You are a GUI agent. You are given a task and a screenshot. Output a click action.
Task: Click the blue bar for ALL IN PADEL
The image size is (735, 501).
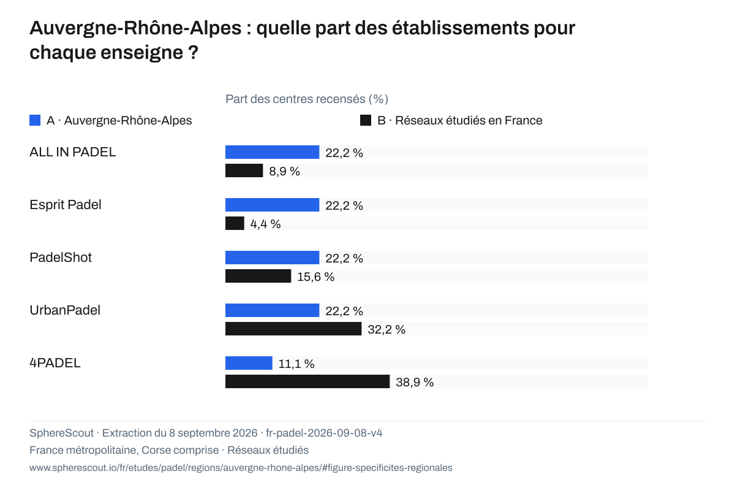272,152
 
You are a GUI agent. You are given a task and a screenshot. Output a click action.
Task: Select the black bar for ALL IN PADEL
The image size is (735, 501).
244,170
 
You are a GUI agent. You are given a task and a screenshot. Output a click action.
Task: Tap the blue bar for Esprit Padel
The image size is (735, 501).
272,205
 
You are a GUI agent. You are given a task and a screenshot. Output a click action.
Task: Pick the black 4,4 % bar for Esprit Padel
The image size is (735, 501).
235,223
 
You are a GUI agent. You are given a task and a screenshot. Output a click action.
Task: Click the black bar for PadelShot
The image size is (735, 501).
258,276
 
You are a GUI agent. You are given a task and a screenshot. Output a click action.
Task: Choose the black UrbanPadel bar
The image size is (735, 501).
293,329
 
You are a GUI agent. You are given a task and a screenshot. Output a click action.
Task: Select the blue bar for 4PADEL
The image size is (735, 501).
249,363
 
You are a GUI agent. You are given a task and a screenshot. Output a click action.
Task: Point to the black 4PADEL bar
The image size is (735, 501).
307,381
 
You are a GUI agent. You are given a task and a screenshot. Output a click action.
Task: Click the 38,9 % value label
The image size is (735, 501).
415,382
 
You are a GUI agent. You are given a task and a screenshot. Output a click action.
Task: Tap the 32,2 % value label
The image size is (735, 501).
386,329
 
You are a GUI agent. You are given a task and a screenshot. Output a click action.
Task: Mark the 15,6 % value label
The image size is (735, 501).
315,277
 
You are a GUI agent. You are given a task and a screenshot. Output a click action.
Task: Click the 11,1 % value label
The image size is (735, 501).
296,364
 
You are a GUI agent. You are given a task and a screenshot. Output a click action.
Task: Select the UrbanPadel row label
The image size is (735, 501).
65,310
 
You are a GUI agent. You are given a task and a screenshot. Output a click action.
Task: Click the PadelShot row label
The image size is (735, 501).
61,257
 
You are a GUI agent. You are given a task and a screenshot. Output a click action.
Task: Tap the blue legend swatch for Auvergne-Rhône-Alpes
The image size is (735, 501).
35,120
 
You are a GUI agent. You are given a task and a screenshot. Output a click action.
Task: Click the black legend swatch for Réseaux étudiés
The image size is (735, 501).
366,120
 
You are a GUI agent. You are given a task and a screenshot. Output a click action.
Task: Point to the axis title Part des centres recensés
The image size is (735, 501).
307,99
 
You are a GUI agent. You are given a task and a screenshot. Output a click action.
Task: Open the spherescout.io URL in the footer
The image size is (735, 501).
241,467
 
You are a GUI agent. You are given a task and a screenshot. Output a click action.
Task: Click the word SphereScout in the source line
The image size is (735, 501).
62,433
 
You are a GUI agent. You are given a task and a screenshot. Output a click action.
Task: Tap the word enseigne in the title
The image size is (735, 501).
141,53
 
